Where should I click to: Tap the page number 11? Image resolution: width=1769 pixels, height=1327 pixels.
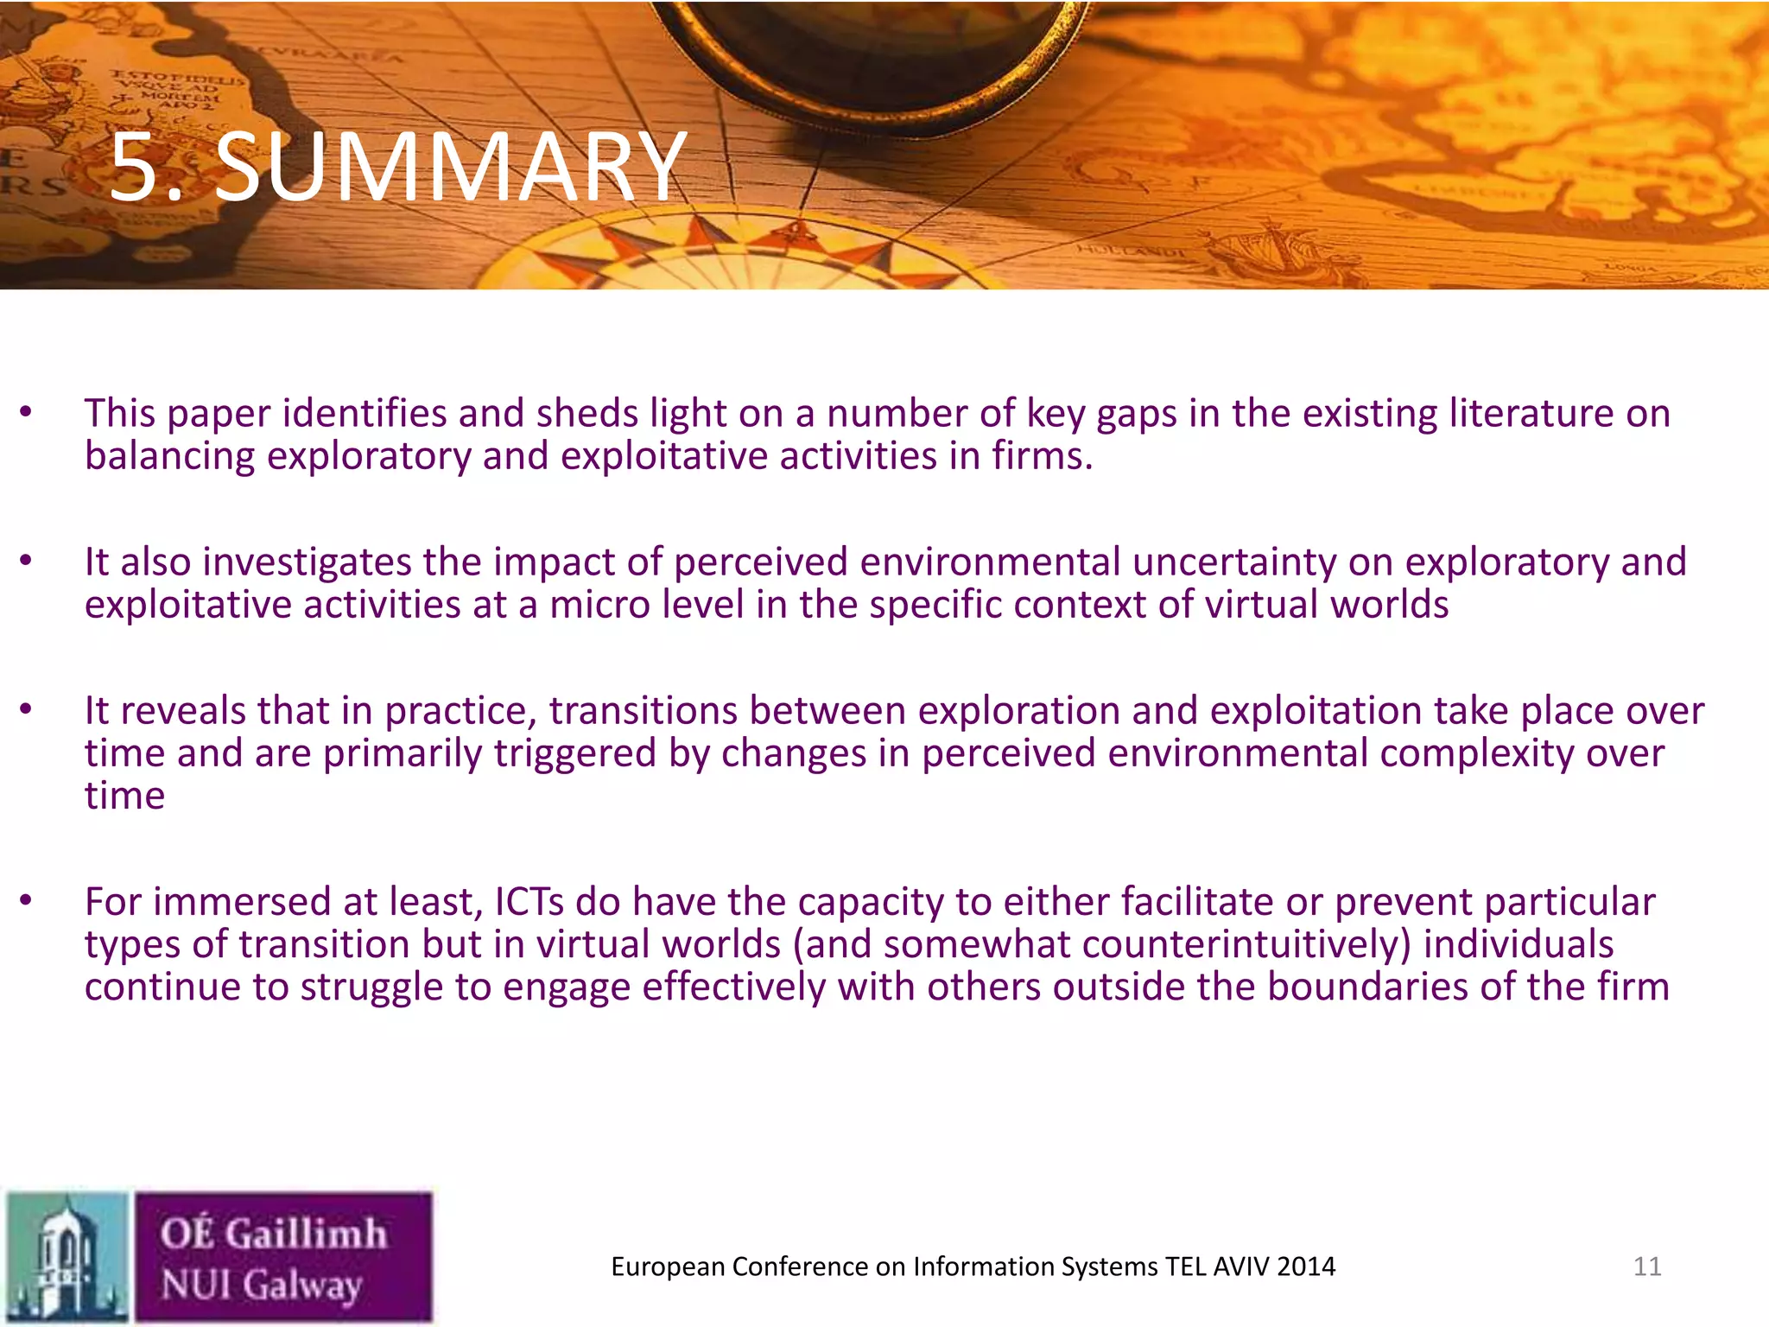1647,1267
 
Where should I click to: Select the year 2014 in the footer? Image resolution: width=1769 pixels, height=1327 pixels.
1306,1267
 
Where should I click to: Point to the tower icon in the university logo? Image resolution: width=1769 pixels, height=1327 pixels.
66,1257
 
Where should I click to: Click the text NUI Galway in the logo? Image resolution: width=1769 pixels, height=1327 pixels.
262,1284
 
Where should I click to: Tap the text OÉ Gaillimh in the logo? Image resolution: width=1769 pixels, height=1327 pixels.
273,1233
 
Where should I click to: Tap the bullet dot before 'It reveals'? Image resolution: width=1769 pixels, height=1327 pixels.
26,710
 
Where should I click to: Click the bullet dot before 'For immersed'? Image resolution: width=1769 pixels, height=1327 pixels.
26,901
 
